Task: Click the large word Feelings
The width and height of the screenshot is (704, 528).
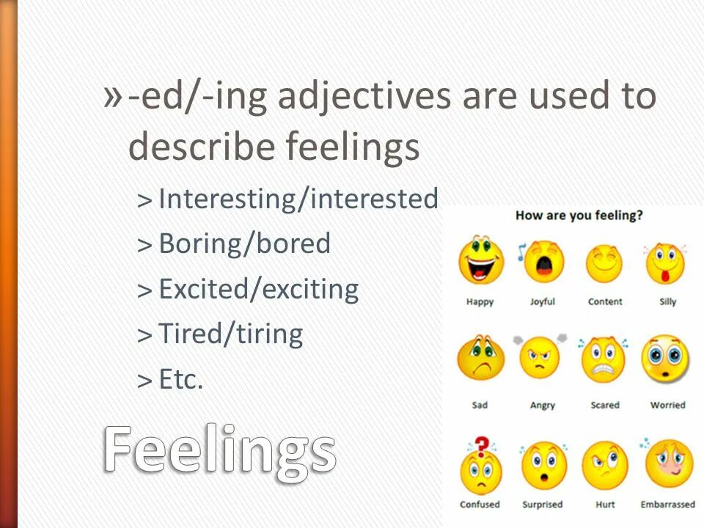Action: coord(220,450)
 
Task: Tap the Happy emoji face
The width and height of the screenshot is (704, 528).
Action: coord(480,260)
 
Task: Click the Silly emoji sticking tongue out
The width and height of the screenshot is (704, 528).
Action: coord(666,263)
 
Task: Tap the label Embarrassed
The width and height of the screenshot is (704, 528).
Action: coord(667,505)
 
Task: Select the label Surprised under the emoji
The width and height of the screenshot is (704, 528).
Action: coord(542,505)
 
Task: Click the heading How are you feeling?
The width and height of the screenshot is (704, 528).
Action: coord(579,216)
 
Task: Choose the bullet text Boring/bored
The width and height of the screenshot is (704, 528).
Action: coord(244,243)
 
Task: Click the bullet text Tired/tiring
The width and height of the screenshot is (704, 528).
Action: coord(230,334)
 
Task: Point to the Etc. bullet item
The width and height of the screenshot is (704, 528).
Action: coord(180,380)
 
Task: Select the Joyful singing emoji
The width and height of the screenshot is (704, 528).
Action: coord(544,263)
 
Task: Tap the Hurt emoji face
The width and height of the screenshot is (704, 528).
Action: coord(605,467)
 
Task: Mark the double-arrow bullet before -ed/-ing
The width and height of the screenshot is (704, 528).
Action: coord(113,95)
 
